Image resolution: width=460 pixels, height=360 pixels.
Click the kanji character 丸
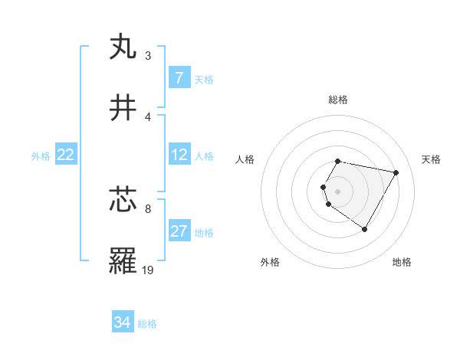pos(123,47)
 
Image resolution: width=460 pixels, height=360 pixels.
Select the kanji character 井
pos(123,108)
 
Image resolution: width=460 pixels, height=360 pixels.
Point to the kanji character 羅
pos(123,261)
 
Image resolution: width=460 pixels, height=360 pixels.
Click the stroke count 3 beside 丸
pos(148,55)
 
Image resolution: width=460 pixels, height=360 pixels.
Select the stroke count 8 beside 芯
pos(148,208)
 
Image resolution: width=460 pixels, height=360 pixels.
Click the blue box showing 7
pos(179,78)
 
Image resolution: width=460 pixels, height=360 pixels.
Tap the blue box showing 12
pos(179,155)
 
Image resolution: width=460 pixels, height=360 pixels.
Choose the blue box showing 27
pos(179,231)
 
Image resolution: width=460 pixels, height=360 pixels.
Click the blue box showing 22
pos(66,155)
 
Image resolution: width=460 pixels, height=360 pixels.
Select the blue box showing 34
pos(123,322)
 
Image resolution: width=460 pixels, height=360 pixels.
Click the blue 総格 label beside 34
pos(147,324)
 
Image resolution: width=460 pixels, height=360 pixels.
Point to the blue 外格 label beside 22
pos(41,156)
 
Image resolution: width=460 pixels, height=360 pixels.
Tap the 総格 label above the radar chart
pos(338,100)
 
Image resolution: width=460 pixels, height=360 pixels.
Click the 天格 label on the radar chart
pos(432,159)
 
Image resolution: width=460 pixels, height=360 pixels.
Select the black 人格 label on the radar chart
pos(245,159)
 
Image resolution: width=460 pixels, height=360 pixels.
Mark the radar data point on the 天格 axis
pos(396,172)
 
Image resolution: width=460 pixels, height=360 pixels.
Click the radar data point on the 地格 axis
pos(364,229)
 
